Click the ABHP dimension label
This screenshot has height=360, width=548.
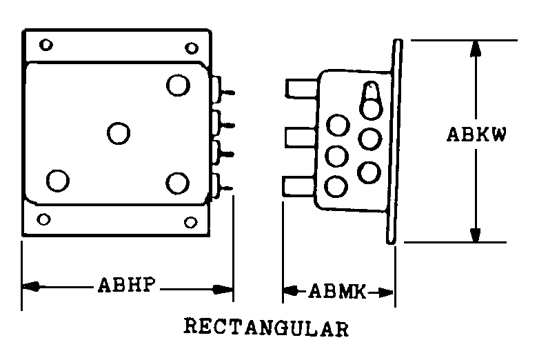(127, 285)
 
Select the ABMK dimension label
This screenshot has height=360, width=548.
(337, 291)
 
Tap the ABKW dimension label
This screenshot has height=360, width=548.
(476, 134)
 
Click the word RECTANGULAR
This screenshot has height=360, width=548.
(266, 327)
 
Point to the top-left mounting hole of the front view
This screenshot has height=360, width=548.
(46, 45)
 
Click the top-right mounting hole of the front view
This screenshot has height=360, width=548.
(192, 48)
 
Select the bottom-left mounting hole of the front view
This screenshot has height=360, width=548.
(43, 219)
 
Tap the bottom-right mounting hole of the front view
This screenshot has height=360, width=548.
(191, 222)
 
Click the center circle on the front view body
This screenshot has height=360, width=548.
(119, 133)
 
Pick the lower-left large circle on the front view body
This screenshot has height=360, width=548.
(58, 181)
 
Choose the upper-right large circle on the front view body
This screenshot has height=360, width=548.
(179, 85)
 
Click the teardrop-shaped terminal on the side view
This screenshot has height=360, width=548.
(371, 101)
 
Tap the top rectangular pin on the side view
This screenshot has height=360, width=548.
(302, 88)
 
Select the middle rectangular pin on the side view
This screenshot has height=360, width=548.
(301, 138)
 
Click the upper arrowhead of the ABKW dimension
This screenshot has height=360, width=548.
(476, 48)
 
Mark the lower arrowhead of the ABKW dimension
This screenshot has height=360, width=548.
(476, 234)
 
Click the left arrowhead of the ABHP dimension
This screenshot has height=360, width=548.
(31, 287)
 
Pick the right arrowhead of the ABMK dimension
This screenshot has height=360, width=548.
(385, 292)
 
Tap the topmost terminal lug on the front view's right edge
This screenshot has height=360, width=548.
(222, 90)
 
